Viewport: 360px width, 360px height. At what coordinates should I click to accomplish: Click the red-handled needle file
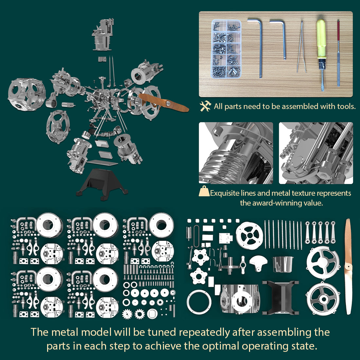(x=338, y=52)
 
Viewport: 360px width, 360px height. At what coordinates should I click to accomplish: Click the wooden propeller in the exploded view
(x=164, y=102)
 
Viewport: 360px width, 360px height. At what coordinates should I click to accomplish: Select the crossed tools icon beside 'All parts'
(x=206, y=106)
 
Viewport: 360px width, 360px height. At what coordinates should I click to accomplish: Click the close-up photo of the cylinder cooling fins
(x=236, y=153)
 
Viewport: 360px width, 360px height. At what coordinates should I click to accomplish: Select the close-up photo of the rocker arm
(x=316, y=153)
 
